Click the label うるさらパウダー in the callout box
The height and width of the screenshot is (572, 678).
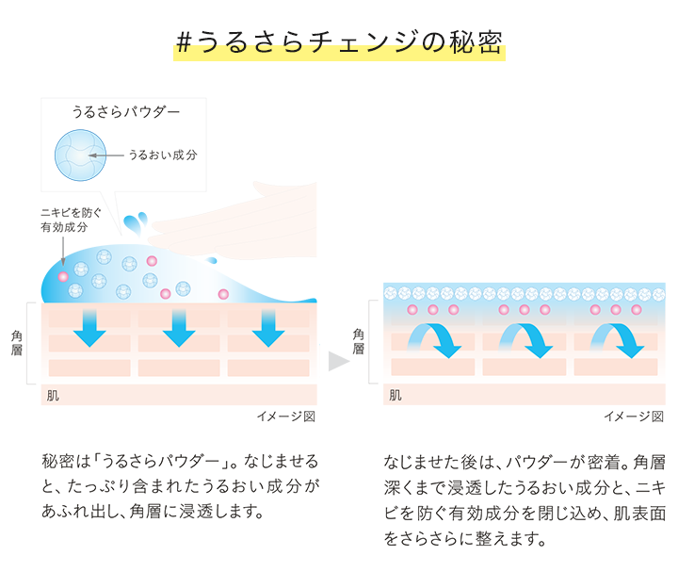[126, 112]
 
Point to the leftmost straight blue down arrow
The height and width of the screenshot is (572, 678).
[90, 324]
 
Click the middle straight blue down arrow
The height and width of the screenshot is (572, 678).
[179, 324]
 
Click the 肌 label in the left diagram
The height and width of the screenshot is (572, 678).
[53, 395]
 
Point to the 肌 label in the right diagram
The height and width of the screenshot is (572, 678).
[395, 395]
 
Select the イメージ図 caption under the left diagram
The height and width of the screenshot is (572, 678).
[286, 417]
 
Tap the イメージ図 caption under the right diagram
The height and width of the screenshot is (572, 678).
[634, 417]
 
